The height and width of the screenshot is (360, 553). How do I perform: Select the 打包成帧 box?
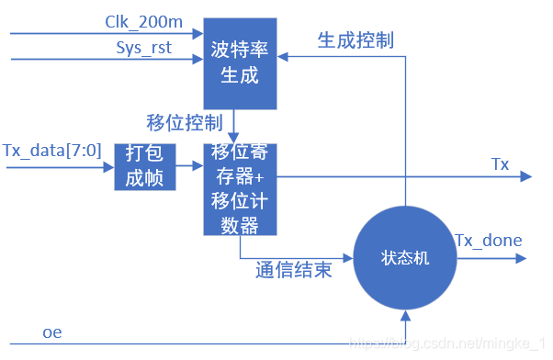tap(145, 166)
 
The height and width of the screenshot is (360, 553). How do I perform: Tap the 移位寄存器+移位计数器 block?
tap(240, 188)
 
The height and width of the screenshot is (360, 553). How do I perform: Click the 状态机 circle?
tap(405, 260)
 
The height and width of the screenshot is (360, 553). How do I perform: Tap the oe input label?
tap(52, 332)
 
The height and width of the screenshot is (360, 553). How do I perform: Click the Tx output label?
tap(500, 164)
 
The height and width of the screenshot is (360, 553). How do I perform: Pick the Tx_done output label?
tap(489, 241)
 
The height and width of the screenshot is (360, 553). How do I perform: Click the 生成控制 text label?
tap(355, 39)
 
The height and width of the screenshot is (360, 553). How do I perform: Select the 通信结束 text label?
tap(293, 272)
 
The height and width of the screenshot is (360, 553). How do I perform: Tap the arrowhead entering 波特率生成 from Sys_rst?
tap(197, 62)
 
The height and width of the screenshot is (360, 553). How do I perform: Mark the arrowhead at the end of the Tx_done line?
tap(527, 258)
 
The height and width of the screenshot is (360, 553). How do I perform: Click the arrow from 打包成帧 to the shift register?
tap(189, 166)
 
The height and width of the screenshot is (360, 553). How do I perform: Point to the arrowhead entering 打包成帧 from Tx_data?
tap(108, 166)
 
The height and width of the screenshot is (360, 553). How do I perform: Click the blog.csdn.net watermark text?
tap(450, 343)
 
